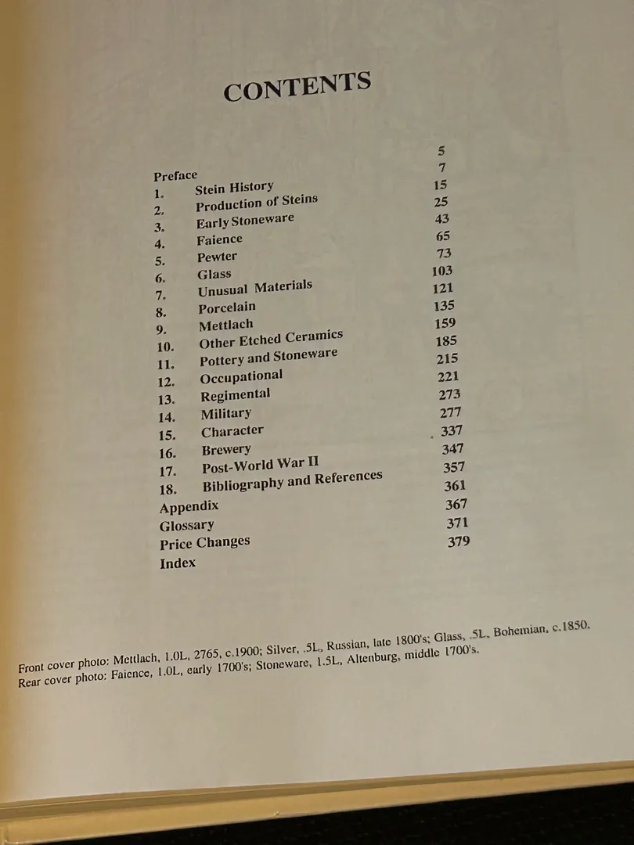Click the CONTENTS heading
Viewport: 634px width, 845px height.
tap(297, 88)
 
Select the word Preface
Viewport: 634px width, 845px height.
tap(175, 175)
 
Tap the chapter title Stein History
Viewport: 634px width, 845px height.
tap(234, 188)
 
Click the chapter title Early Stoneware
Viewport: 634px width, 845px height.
tap(245, 221)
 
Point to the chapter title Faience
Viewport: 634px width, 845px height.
tap(219, 240)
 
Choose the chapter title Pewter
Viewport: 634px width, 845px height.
tap(217, 257)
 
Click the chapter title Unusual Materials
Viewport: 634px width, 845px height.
tap(254, 289)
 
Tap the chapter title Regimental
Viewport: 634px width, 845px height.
tap(235, 396)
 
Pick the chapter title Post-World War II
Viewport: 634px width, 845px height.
tap(260, 466)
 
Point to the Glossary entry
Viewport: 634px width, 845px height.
tap(186, 525)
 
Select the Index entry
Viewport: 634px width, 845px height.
tap(178, 563)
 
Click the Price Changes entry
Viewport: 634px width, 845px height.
tap(204, 544)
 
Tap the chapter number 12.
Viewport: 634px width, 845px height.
tap(166, 382)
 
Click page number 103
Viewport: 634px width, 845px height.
tap(441, 271)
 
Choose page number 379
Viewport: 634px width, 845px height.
tap(459, 541)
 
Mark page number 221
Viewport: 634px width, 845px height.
tap(448, 377)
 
